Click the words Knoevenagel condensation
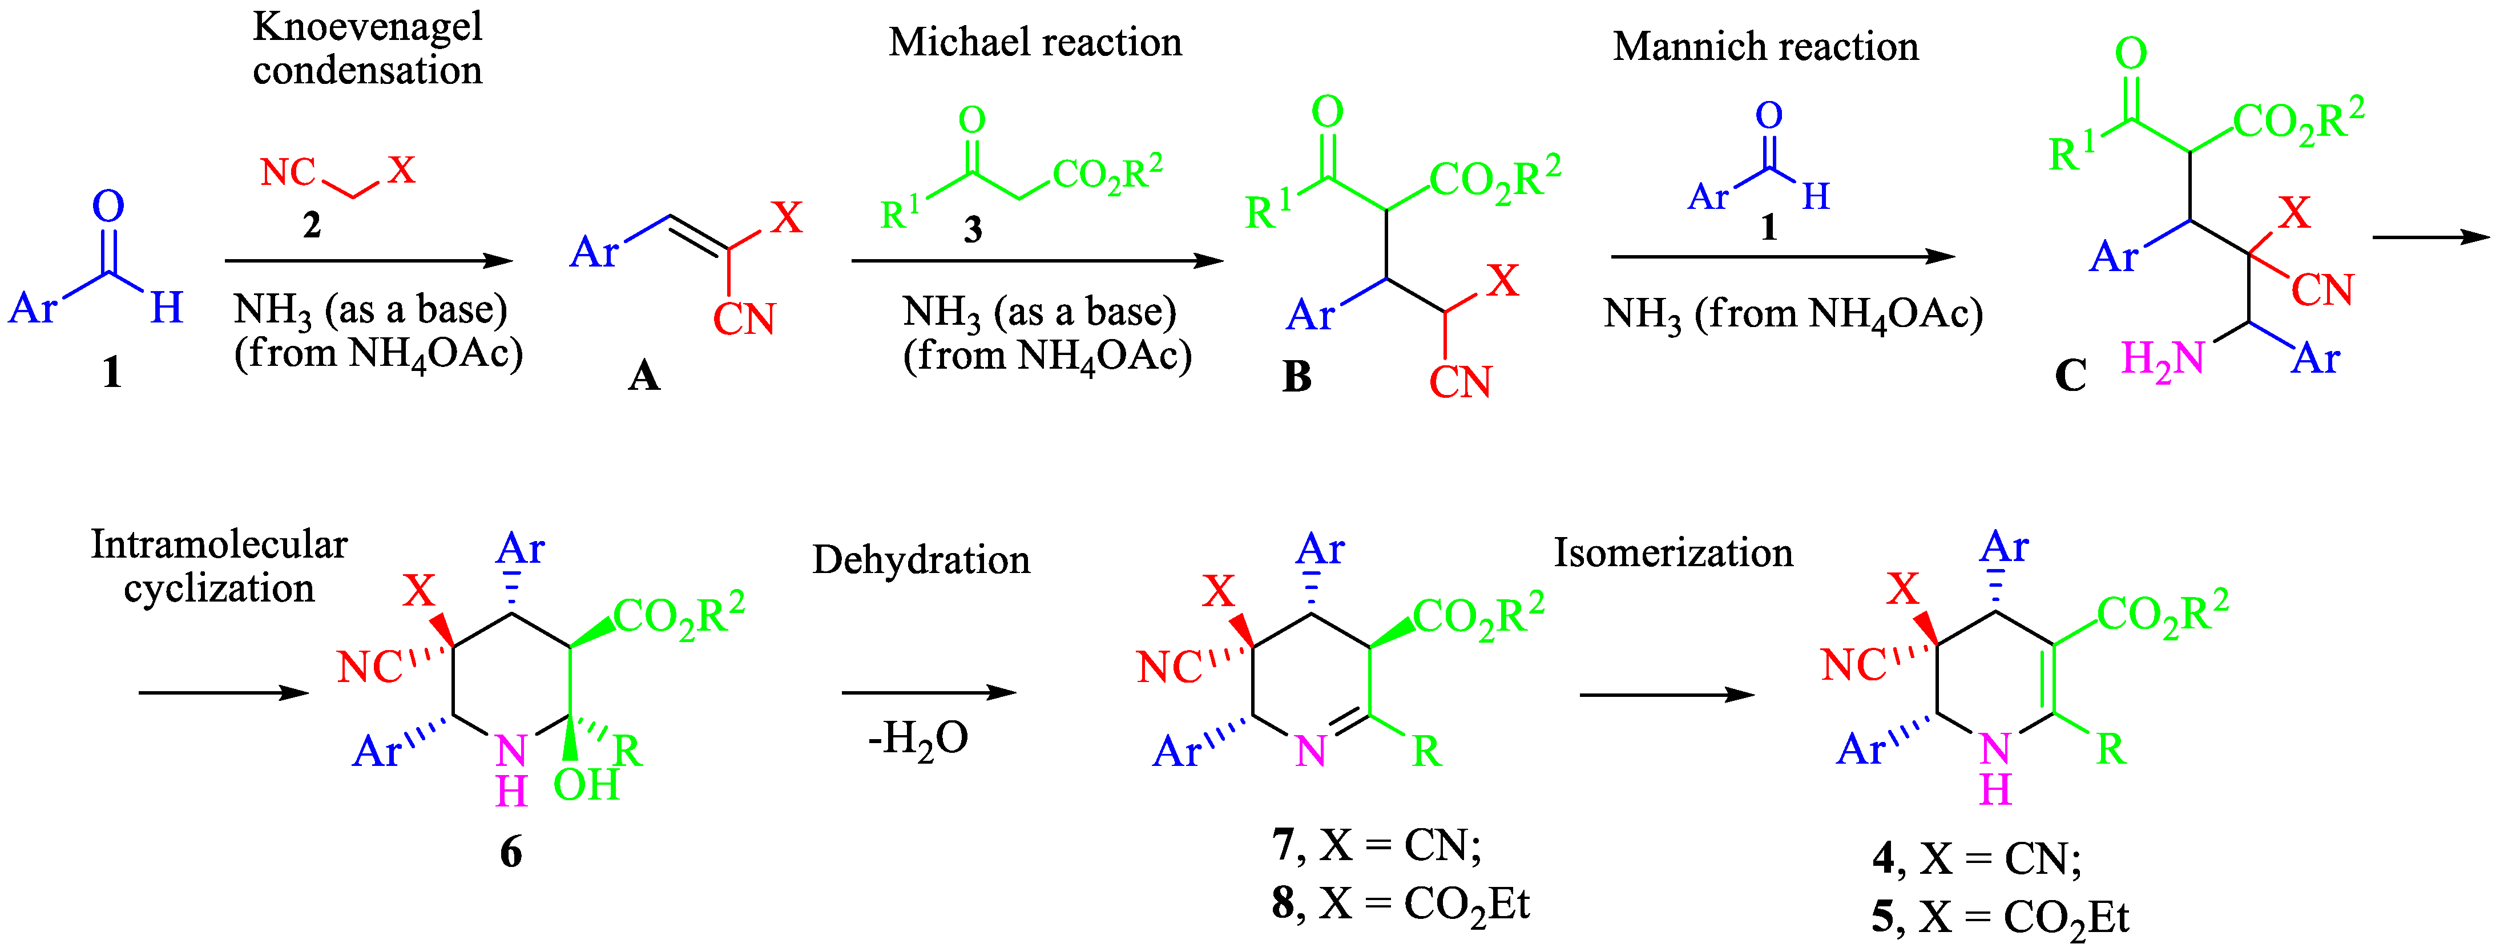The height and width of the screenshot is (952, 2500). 367,49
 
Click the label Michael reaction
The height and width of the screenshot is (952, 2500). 1035,43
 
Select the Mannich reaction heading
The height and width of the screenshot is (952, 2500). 1765,47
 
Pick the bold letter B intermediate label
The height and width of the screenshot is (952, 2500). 1297,377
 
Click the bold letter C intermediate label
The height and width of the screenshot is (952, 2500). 2070,376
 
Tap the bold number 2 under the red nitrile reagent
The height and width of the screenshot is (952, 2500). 312,225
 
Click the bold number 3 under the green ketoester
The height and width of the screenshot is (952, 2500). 973,230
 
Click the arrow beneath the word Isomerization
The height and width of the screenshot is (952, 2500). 1666,695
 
